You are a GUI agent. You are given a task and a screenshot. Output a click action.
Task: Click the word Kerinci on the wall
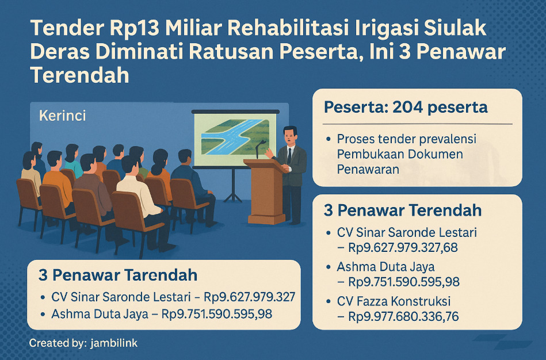click(x=62, y=115)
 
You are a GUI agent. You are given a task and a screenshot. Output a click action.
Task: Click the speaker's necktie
click(x=289, y=156)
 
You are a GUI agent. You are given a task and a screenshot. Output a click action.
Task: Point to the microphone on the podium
click(x=259, y=148)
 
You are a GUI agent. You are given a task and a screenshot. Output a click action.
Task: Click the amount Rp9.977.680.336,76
click(x=403, y=316)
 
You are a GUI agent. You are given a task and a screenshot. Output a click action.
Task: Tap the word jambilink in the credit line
click(x=114, y=343)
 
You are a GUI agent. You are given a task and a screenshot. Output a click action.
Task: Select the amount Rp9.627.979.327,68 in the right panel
click(x=403, y=247)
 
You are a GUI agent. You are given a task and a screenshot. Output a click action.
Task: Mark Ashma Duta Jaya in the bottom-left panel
click(x=100, y=314)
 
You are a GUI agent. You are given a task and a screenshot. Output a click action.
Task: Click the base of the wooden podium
click(x=266, y=219)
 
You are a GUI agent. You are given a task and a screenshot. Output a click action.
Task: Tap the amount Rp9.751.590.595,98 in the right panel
click(x=404, y=281)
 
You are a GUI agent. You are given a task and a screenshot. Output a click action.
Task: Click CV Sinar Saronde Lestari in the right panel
click(x=407, y=232)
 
